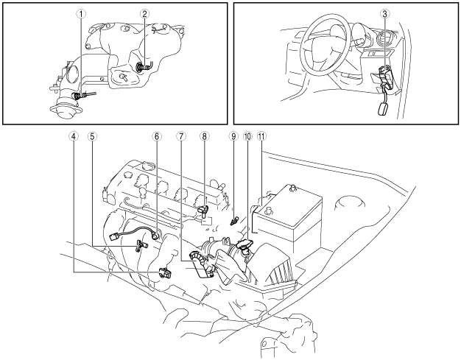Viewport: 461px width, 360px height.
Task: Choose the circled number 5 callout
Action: pos(92,135)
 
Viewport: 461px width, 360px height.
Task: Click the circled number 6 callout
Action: pos(156,135)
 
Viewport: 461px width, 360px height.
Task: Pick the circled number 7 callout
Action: pos(181,135)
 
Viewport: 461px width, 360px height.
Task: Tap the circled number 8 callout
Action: pos(205,135)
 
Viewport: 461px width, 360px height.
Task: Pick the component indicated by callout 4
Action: pos(165,273)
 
